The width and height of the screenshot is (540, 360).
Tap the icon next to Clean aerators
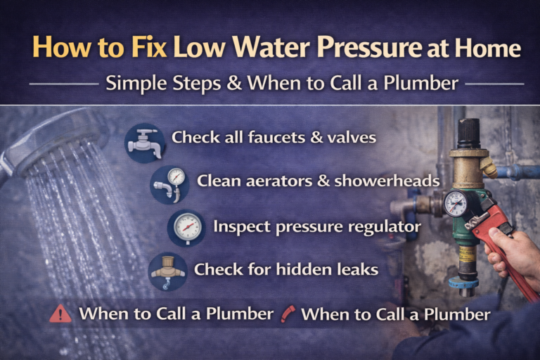pyautogui.click(x=170, y=183)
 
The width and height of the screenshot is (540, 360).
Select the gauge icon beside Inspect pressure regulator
pyautogui.click(x=187, y=227)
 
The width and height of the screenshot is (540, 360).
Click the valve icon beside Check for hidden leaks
pyautogui.click(x=168, y=271)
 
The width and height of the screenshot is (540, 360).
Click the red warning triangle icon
pyautogui.click(x=60, y=314)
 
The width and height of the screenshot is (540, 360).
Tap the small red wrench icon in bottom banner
pyautogui.click(x=287, y=314)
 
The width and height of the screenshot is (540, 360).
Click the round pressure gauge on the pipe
pyautogui.click(x=455, y=203)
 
